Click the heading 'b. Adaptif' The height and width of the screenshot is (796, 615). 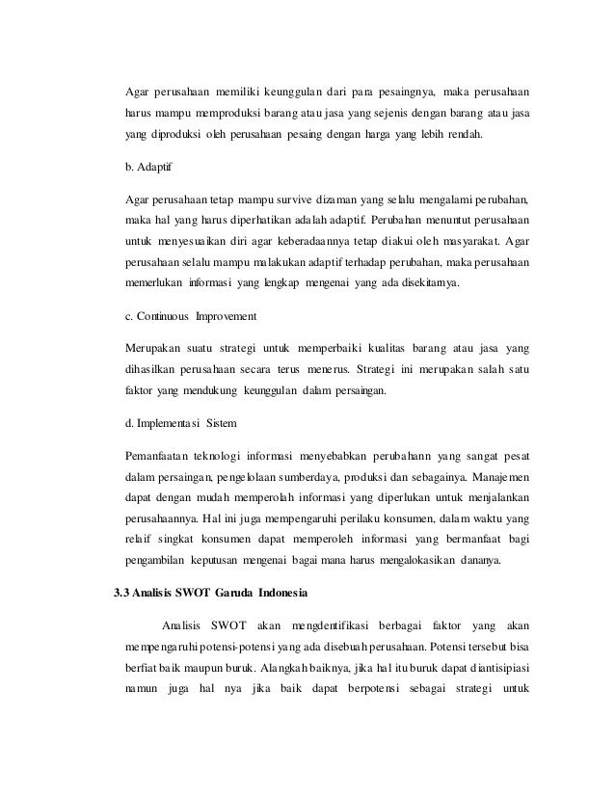click(x=147, y=168)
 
